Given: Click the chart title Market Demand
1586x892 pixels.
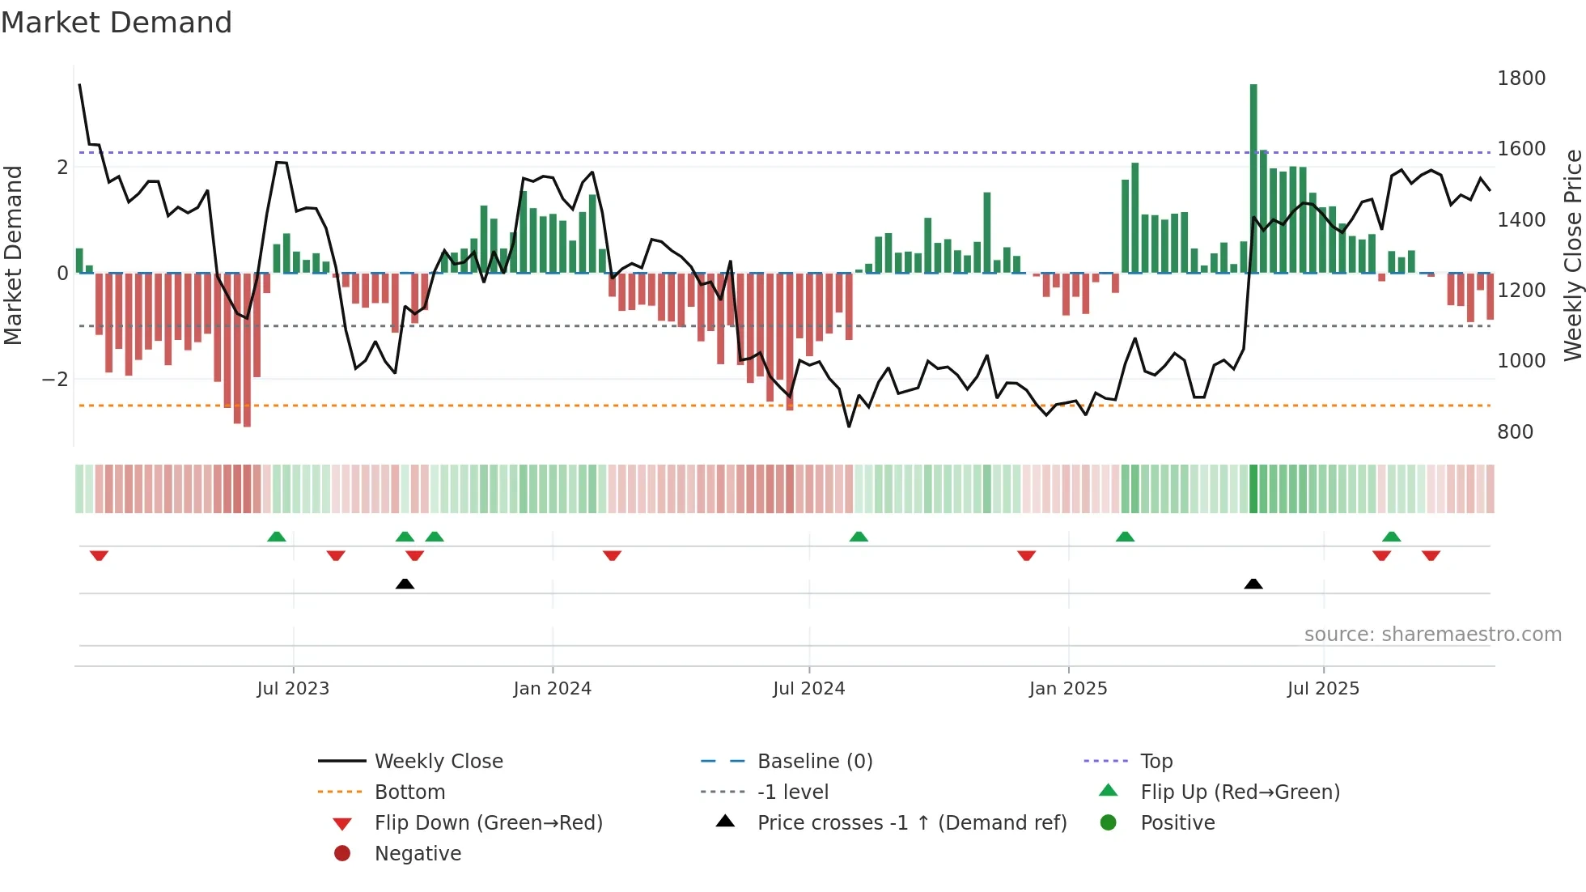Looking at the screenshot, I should pos(117,23).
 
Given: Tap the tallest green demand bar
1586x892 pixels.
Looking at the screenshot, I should pos(1253,178).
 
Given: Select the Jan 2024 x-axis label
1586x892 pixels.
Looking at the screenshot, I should pos(552,689).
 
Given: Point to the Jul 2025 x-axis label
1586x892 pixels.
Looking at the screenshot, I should pos(1323,689).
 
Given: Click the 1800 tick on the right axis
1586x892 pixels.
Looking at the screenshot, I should pos(1520,79).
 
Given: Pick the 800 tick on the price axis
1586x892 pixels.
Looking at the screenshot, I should pos(1515,432).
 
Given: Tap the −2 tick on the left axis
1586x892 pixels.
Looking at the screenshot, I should pos(55,380).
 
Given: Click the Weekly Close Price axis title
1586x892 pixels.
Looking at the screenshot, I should pos(1572,255).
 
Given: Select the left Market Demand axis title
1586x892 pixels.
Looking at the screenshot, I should pos(14,255).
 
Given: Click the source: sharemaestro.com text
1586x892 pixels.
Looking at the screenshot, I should pos(1432,635).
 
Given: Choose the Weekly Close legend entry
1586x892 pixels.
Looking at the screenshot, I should pos(438,762).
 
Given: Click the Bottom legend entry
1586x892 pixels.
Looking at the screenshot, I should pos(409,792).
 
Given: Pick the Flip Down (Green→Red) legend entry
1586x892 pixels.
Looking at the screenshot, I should pos(488,823).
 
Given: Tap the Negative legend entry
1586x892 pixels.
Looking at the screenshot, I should pos(418,854).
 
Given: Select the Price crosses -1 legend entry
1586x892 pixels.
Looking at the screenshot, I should pos(911,823).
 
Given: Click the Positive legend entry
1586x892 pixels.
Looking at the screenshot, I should pos(1177,823).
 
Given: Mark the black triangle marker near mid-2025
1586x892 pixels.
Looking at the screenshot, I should pos(1253,584).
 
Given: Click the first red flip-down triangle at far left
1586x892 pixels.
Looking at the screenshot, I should pos(99,555).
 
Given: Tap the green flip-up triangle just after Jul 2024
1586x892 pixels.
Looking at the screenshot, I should pos(859,537).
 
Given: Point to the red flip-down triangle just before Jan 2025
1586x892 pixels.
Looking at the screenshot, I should pos(1026,555).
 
